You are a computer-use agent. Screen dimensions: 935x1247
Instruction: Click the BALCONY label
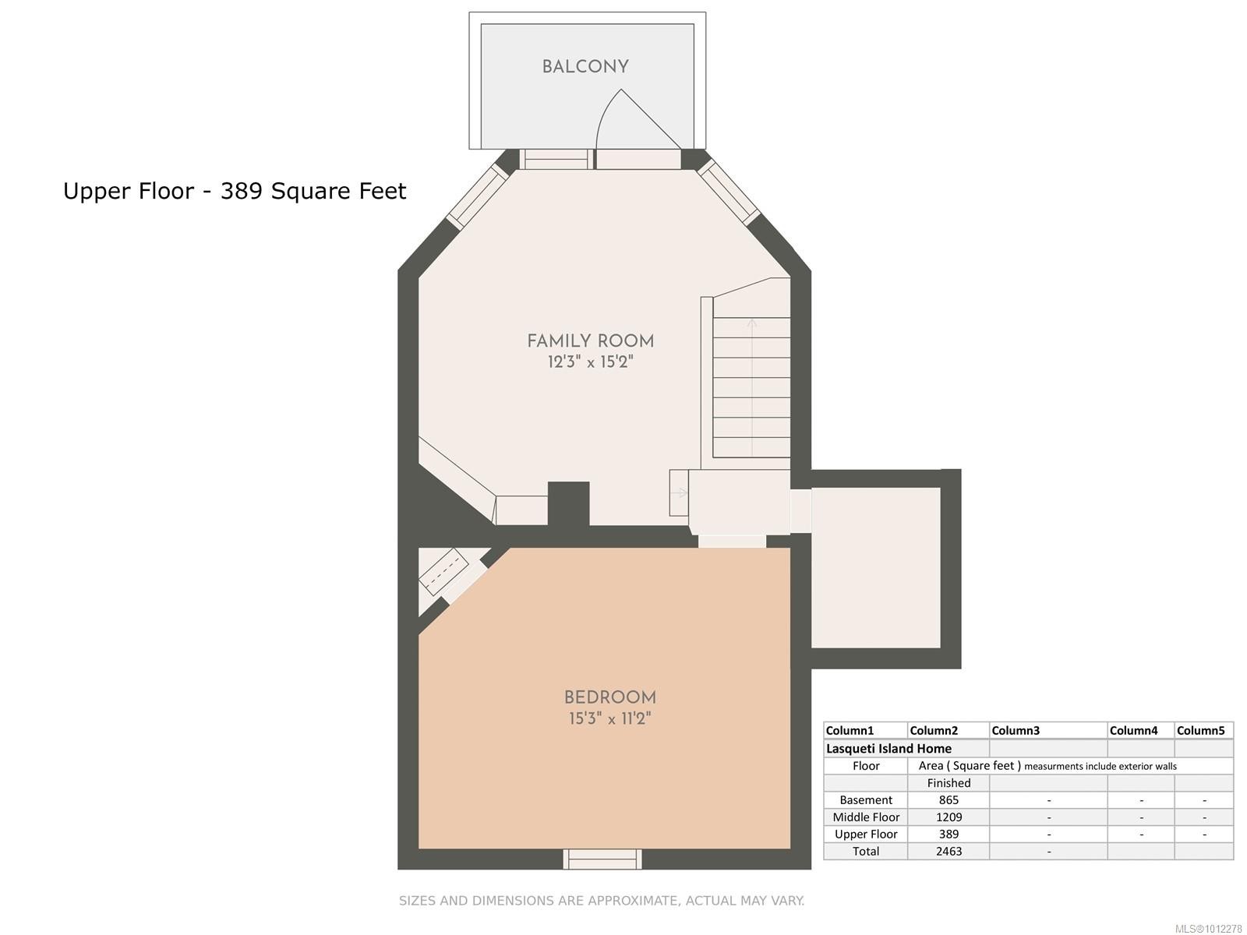tap(585, 67)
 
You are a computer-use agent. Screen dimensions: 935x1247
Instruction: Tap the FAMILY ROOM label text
tap(590, 341)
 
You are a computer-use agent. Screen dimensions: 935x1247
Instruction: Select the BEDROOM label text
tap(609, 698)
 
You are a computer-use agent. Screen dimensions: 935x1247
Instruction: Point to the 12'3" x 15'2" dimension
tap(590, 362)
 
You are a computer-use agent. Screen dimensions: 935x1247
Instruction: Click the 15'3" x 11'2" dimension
tap(609, 718)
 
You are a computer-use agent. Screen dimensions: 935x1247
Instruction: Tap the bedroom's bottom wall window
tap(602, 859)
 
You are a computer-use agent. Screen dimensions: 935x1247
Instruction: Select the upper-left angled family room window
tap(477, 196)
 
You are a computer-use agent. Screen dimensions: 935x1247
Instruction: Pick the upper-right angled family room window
tap(729, 191)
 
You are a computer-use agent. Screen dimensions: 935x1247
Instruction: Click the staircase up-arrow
tap(751, 327)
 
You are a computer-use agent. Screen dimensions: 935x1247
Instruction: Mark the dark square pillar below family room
tap(568, 503)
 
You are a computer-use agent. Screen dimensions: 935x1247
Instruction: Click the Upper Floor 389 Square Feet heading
tap(235, 191)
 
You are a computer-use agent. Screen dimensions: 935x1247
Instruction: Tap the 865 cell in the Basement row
tap(948, 800)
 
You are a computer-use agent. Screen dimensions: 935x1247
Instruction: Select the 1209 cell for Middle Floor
tap(948, 817)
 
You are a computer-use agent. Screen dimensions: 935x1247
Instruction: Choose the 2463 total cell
tap(948, 852)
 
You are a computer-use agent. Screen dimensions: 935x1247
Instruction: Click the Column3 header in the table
tap(1016, 731)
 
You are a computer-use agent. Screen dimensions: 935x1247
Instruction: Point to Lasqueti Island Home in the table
tap(888, 749)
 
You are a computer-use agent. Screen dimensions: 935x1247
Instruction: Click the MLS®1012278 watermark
tap(1208, 929)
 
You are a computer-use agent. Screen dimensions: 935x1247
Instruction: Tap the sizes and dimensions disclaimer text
tap(602, 901)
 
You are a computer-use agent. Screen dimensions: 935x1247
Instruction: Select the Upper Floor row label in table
tap(866, 834)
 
